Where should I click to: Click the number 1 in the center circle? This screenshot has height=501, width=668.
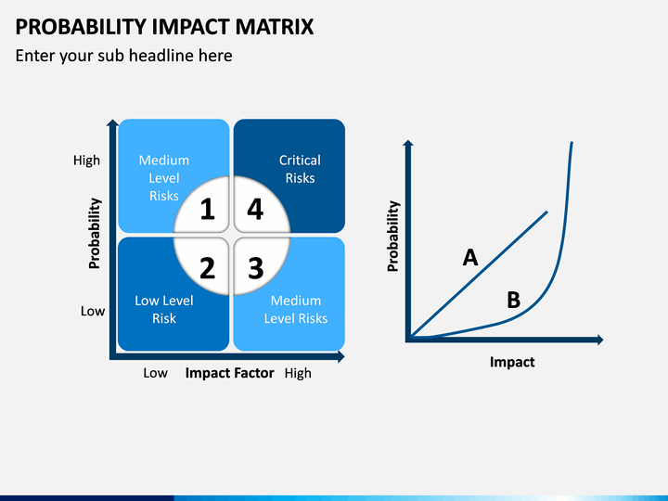coord(208,209)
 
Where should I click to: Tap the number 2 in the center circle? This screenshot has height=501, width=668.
coord(208,268)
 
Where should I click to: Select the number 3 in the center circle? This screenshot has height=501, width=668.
coord(256,268)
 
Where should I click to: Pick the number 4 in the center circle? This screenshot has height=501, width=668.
coord(255,209)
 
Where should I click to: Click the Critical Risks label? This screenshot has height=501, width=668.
coord(300,169)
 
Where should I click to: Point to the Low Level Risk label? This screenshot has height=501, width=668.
coord(164,309)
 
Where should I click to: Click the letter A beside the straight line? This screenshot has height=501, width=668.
coord(470,258)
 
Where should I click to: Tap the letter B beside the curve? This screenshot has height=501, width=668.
coord(514,300)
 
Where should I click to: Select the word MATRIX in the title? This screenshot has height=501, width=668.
coord(275,27)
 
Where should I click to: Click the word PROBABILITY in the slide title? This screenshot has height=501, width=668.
coord(81,27)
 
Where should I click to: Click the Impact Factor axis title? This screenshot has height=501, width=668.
coord(229,373)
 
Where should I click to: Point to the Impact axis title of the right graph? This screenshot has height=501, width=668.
coord(512,362)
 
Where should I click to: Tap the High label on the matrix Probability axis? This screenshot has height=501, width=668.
coord(86,161)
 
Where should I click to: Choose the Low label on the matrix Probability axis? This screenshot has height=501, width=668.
coord(93,311)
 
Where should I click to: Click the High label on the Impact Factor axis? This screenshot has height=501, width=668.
coord(298,373)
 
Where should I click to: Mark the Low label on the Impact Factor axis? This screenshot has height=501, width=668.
coord(155,373)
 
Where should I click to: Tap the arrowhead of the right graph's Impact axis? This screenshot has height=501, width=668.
coord(600,340)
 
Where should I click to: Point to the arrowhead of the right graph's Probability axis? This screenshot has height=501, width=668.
coord(408,143)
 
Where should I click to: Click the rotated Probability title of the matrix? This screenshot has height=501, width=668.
coord(94,234)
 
